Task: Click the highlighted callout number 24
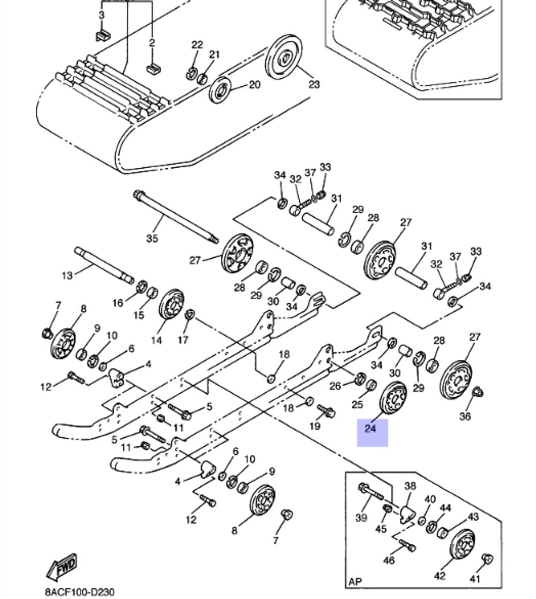[370, 429]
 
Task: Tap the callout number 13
[66, 275]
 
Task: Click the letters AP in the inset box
[355, 581]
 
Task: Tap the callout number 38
[410, 486]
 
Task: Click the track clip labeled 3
[102, 35]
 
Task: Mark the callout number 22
[197, 44]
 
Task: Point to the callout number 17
[183, 340]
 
